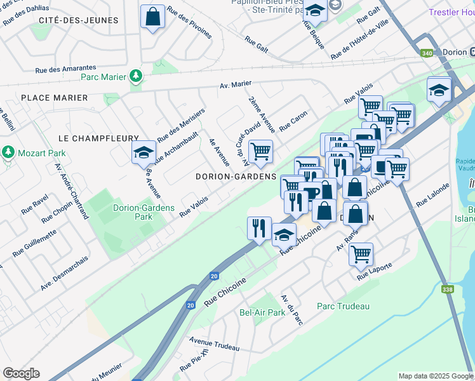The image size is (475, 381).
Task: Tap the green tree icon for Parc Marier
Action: pos(135,77)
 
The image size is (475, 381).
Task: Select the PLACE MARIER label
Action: pos(54,98)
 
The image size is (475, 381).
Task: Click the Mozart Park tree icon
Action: pos(8,152)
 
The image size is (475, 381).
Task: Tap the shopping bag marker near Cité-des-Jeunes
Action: pos(153,17)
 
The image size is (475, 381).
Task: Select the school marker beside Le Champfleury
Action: pos(144,152)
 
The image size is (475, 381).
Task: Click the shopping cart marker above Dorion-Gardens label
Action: pos(260,152)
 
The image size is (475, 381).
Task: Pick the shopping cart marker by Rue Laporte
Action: pos(361,254)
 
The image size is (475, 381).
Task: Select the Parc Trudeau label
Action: pos(343,306)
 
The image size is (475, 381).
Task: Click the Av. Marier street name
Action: pos(236,84)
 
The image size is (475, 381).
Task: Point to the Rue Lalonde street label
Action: pos(432,196)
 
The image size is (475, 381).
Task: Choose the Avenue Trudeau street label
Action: pos(214,344)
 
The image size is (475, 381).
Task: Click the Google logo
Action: pos(21,373)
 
